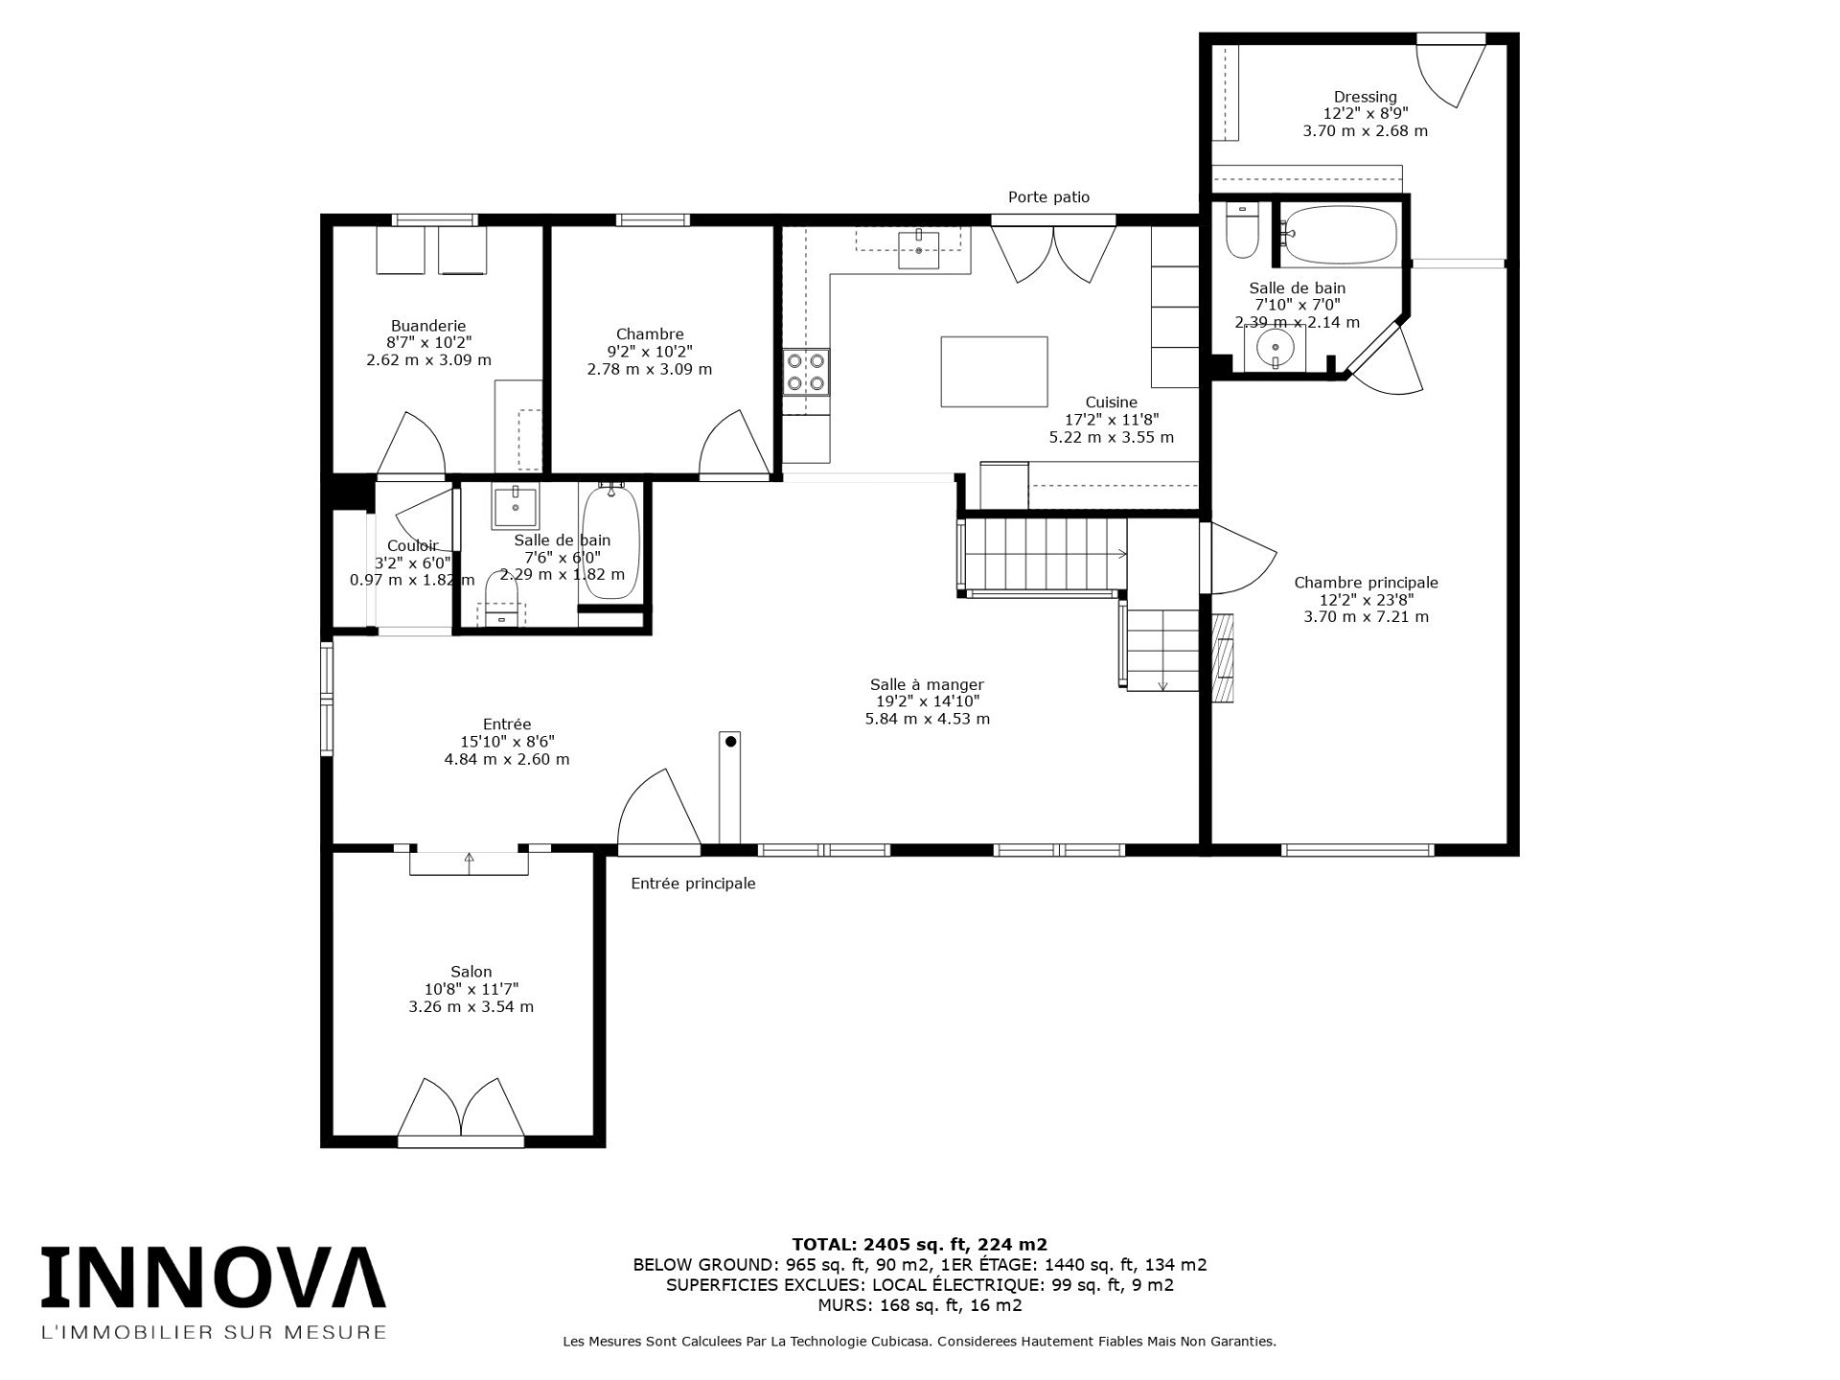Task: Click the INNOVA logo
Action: point(213,1277)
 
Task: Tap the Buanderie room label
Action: point(428,326)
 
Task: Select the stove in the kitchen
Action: point(806,373)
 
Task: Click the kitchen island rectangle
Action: point(994,372)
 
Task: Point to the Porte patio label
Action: point(1048,197)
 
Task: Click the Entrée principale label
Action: point(693,884)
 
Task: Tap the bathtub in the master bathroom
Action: point(1341,236)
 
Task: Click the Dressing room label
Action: point(1366,97)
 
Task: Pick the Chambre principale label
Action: point(1366,583)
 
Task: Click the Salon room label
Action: point(471,972)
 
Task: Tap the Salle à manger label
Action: point(927,684)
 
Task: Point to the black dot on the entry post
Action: point(730,741)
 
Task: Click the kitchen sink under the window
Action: point(919,249)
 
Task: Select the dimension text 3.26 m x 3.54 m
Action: point(471,1006)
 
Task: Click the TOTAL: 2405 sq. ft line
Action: point(920,1245)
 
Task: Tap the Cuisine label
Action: point(1112,402)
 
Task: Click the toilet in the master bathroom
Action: point(1242,231)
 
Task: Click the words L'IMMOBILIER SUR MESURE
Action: point(213,1332)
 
